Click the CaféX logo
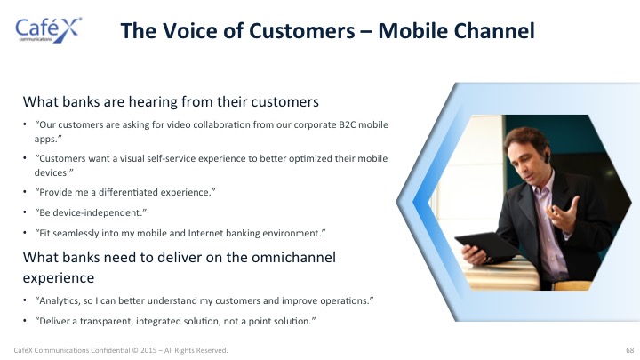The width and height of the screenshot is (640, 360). [x=49, y=30]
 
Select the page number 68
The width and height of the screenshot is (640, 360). [x=630, y=350]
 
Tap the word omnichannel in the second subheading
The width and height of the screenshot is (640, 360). [x=293, y=257]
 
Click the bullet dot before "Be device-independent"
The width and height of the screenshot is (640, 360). [x=25, y=212]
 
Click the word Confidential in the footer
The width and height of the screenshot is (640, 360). [x=110, y=350]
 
